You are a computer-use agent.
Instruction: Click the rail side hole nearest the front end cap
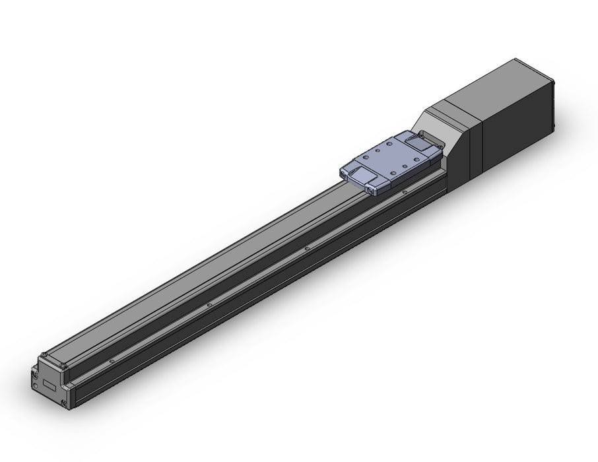[x=113, y=360]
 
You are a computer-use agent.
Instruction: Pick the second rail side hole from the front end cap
[x=209, y=305]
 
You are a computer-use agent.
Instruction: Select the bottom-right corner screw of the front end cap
[x=64, y=404]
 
